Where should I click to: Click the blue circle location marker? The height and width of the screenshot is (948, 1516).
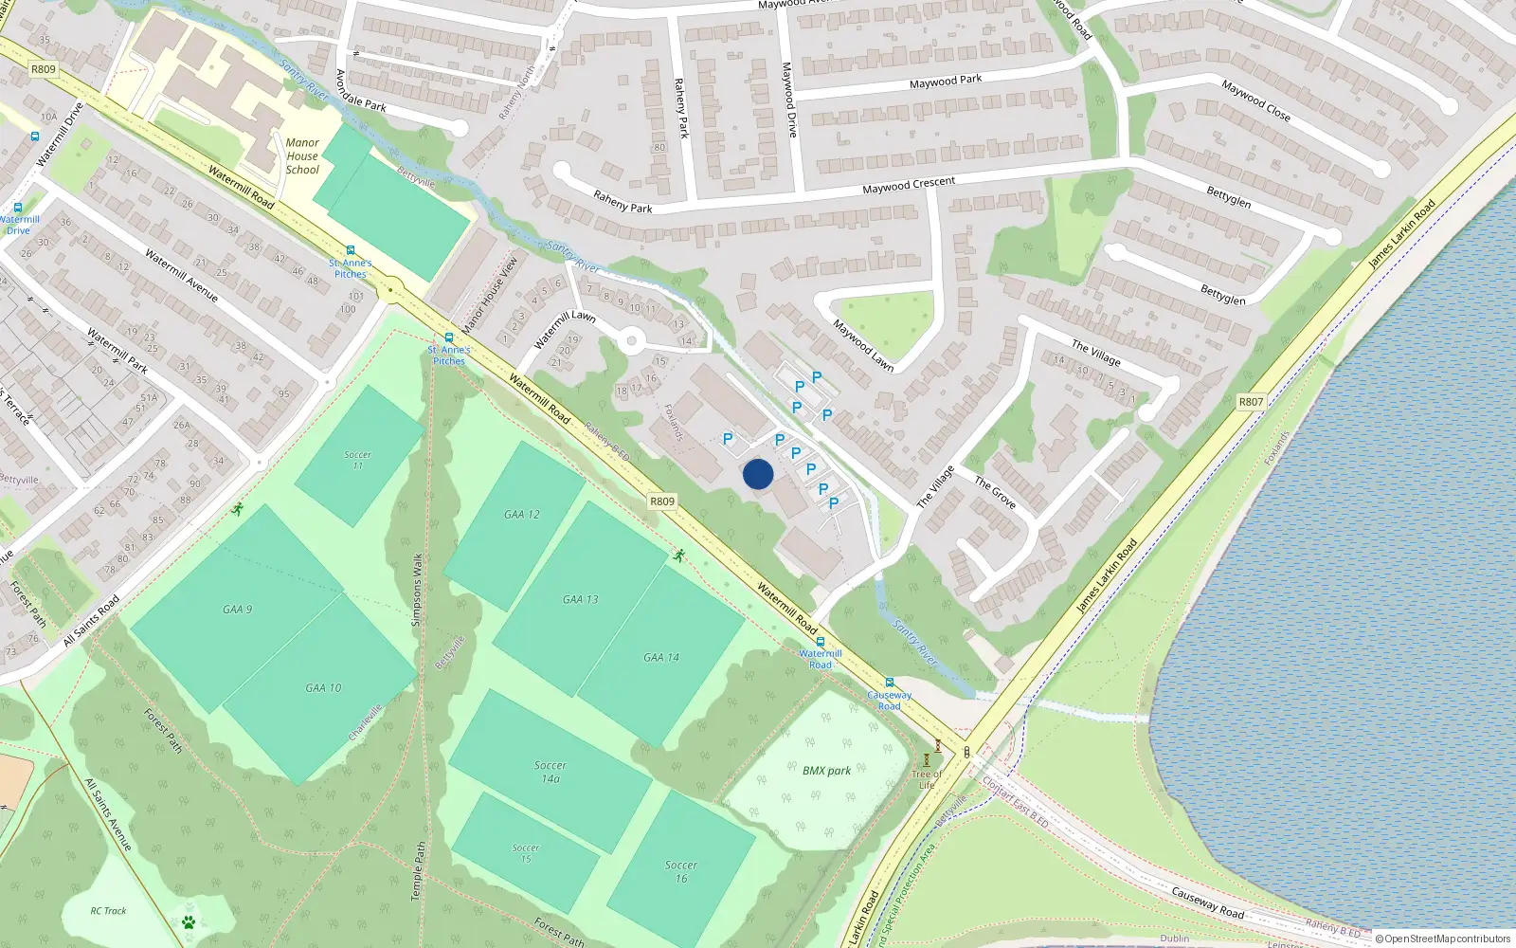click(758, 474)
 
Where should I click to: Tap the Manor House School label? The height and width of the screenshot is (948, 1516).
click(302, 156)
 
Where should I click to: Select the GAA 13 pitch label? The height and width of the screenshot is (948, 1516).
click(580, 599)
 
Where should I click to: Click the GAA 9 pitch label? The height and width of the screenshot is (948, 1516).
click(237, 610)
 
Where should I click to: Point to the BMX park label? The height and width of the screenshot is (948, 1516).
click(826, 771)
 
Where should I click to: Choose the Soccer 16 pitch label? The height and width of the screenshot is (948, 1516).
click(680, 871)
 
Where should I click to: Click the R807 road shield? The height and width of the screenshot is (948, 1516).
click(1251, 402)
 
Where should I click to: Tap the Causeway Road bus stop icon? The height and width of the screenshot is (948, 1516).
click(889, 683)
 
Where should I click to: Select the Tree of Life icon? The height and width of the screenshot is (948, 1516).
click(927, 759)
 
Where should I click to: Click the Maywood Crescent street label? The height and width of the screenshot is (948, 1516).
click(908, 186)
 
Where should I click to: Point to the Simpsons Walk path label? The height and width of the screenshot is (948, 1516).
click(417, 590)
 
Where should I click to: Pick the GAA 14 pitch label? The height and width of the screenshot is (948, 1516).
click(660, 657)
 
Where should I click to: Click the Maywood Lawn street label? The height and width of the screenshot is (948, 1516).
click(862, 344)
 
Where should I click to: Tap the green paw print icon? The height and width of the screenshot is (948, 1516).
click(189, 921)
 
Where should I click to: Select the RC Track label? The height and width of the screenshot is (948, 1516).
click(108, 911)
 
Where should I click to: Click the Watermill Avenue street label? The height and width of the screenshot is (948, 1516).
click(181, 276)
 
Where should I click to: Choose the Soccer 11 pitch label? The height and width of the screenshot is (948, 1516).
click(357, 460)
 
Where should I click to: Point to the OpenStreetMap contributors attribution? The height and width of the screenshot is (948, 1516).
click(1442, 939)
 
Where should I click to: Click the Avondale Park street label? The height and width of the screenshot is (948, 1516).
click(360, 91)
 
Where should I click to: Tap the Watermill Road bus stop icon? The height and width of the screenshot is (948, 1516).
click(821, 642)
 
